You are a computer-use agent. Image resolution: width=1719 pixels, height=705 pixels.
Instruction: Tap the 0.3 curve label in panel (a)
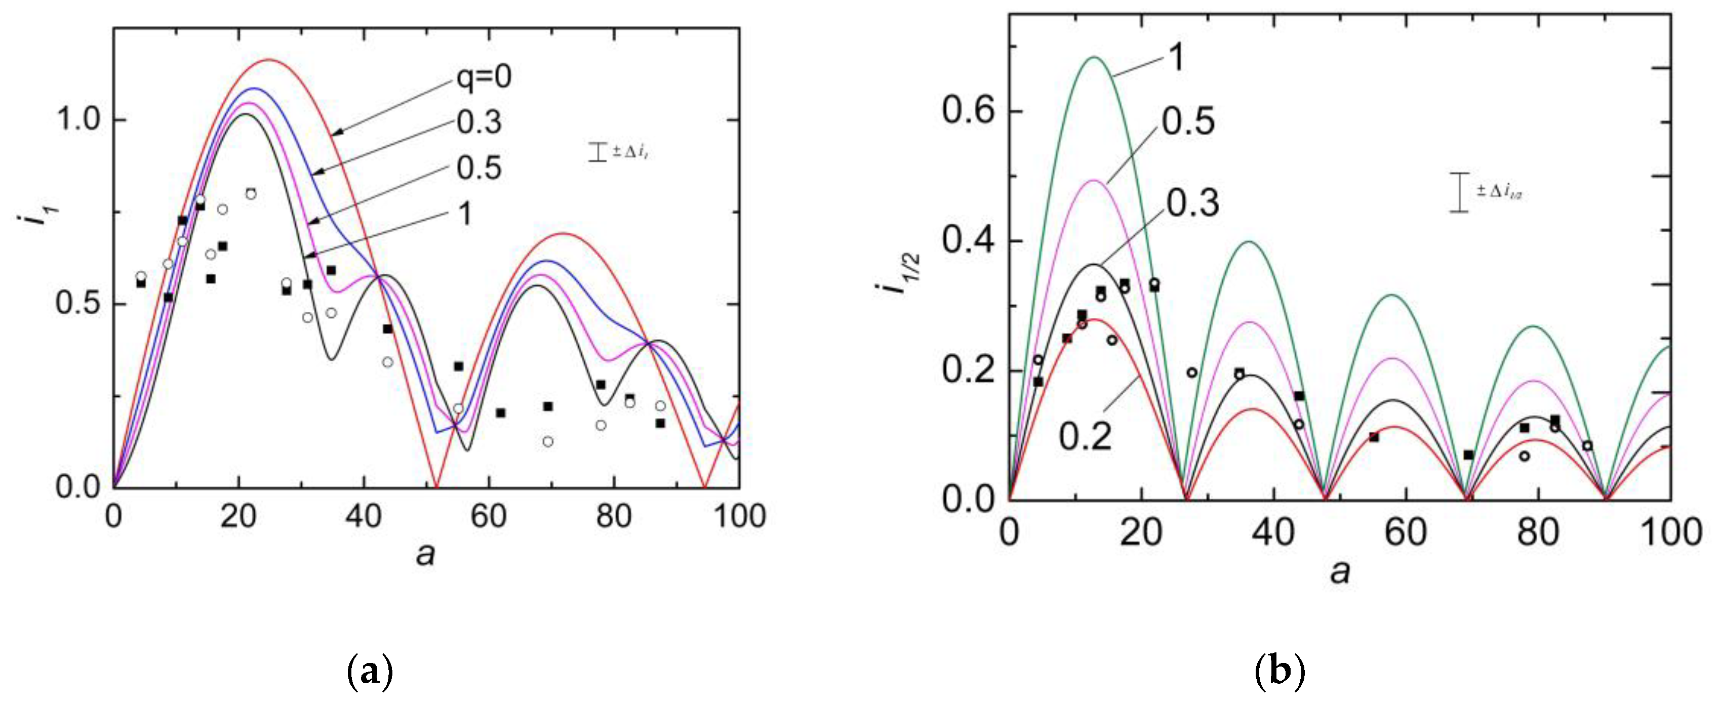(479, 122)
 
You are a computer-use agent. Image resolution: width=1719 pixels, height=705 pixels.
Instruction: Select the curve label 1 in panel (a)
(465, 214)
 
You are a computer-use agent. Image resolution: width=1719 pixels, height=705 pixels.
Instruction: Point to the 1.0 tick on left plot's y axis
(79, 120)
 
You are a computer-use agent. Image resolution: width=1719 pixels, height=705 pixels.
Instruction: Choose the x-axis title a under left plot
(425, 554)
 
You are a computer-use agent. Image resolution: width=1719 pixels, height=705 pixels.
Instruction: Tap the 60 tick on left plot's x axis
(489, 517)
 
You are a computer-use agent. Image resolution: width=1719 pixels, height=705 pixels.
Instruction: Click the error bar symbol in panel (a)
(597, 151)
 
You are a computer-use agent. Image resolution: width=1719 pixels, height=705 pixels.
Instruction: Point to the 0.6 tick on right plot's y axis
(968, 111)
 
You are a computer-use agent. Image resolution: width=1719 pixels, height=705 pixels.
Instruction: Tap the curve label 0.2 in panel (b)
(1086, 436)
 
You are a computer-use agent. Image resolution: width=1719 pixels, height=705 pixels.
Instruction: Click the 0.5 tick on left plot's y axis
(79, 304)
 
